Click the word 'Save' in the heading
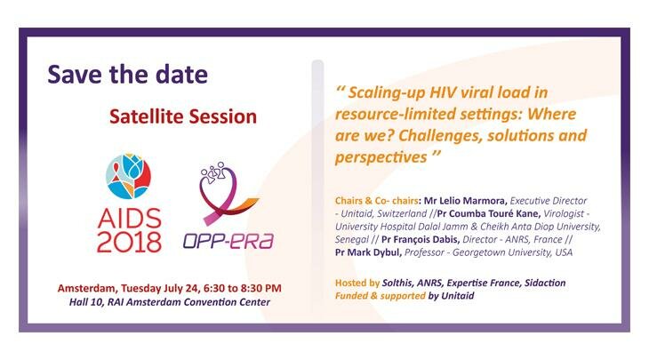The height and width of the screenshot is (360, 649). (x=75, y=75)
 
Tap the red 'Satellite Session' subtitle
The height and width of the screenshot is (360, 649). (x=183, y=116)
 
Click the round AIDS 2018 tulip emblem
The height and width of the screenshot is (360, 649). (x=129, y=176)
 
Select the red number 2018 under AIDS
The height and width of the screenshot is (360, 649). (x=129, y=242)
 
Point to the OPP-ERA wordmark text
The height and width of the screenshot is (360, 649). (x=228, y=240)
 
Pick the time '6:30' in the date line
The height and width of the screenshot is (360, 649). (x=213, y=288)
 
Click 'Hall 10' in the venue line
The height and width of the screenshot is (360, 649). (x=86, y=302)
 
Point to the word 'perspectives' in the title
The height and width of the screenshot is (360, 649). (x=381, y=157)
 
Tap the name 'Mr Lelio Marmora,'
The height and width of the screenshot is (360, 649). (x=466, y=201)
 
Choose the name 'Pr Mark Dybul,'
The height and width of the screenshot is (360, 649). (x=368, y=252)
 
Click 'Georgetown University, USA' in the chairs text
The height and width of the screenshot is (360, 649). (x=512, y=252)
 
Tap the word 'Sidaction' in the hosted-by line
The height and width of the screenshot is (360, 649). (x=545, y=283)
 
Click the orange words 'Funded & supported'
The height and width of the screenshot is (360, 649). (x=380, y=296)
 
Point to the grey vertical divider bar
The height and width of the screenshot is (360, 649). (x=317, y=186)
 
